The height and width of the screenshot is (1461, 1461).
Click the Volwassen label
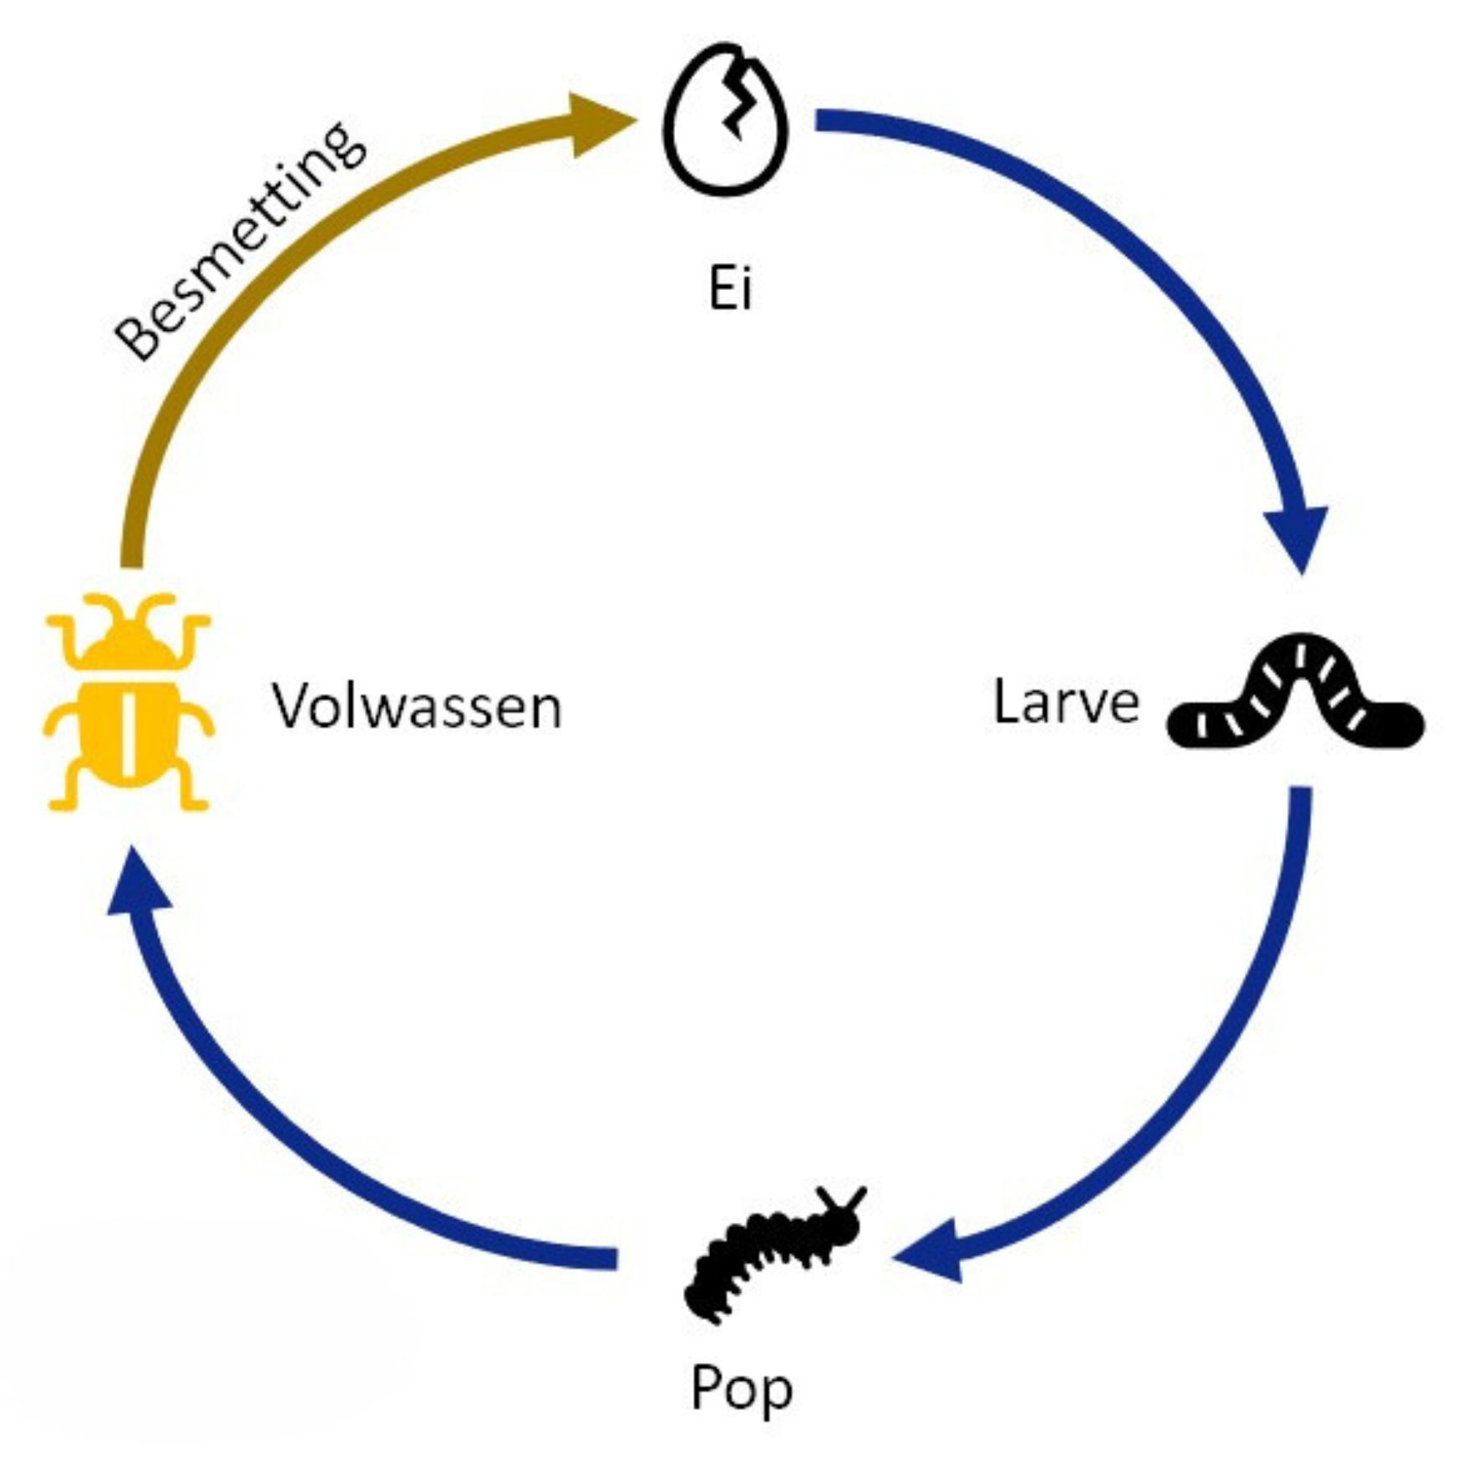417,707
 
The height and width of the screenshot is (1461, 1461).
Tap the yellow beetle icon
129,703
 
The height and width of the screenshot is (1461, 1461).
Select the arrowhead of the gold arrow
598,125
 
